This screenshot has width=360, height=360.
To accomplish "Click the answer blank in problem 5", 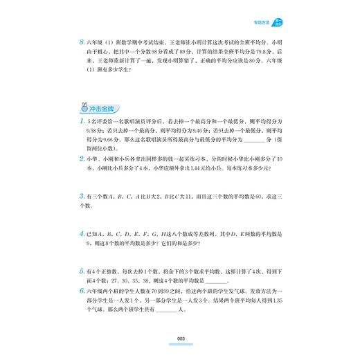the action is (216, 280).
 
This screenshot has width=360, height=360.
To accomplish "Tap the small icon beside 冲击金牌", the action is (82, 109).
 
